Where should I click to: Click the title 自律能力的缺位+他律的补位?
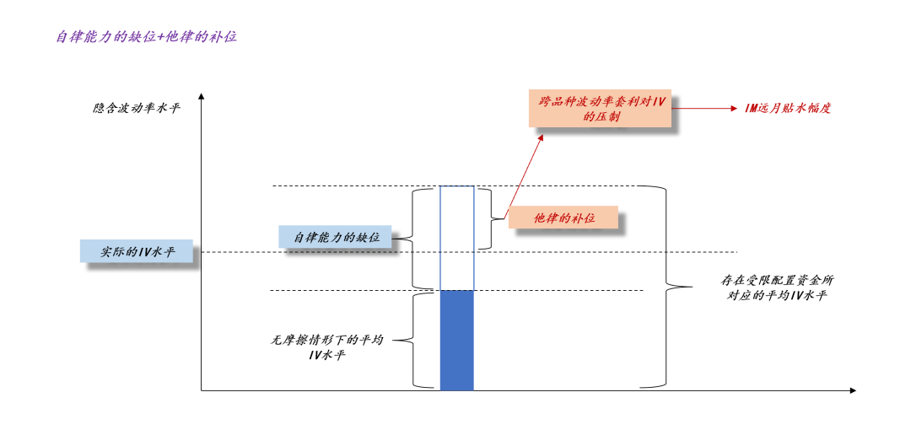point(146,37)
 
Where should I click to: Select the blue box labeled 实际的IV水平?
point(137,251)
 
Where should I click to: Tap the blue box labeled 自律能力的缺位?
point(336,237)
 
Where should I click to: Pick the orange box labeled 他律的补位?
point(563,218)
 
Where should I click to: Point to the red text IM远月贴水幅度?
point(788,108)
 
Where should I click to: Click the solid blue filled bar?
point(456,340)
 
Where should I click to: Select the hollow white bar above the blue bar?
point(456,238)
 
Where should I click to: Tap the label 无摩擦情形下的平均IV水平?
point(326,347)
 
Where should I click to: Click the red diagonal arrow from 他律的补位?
point(523,173)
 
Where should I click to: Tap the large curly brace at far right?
point(666,287)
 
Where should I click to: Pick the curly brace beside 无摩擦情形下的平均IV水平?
point(413,340)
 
